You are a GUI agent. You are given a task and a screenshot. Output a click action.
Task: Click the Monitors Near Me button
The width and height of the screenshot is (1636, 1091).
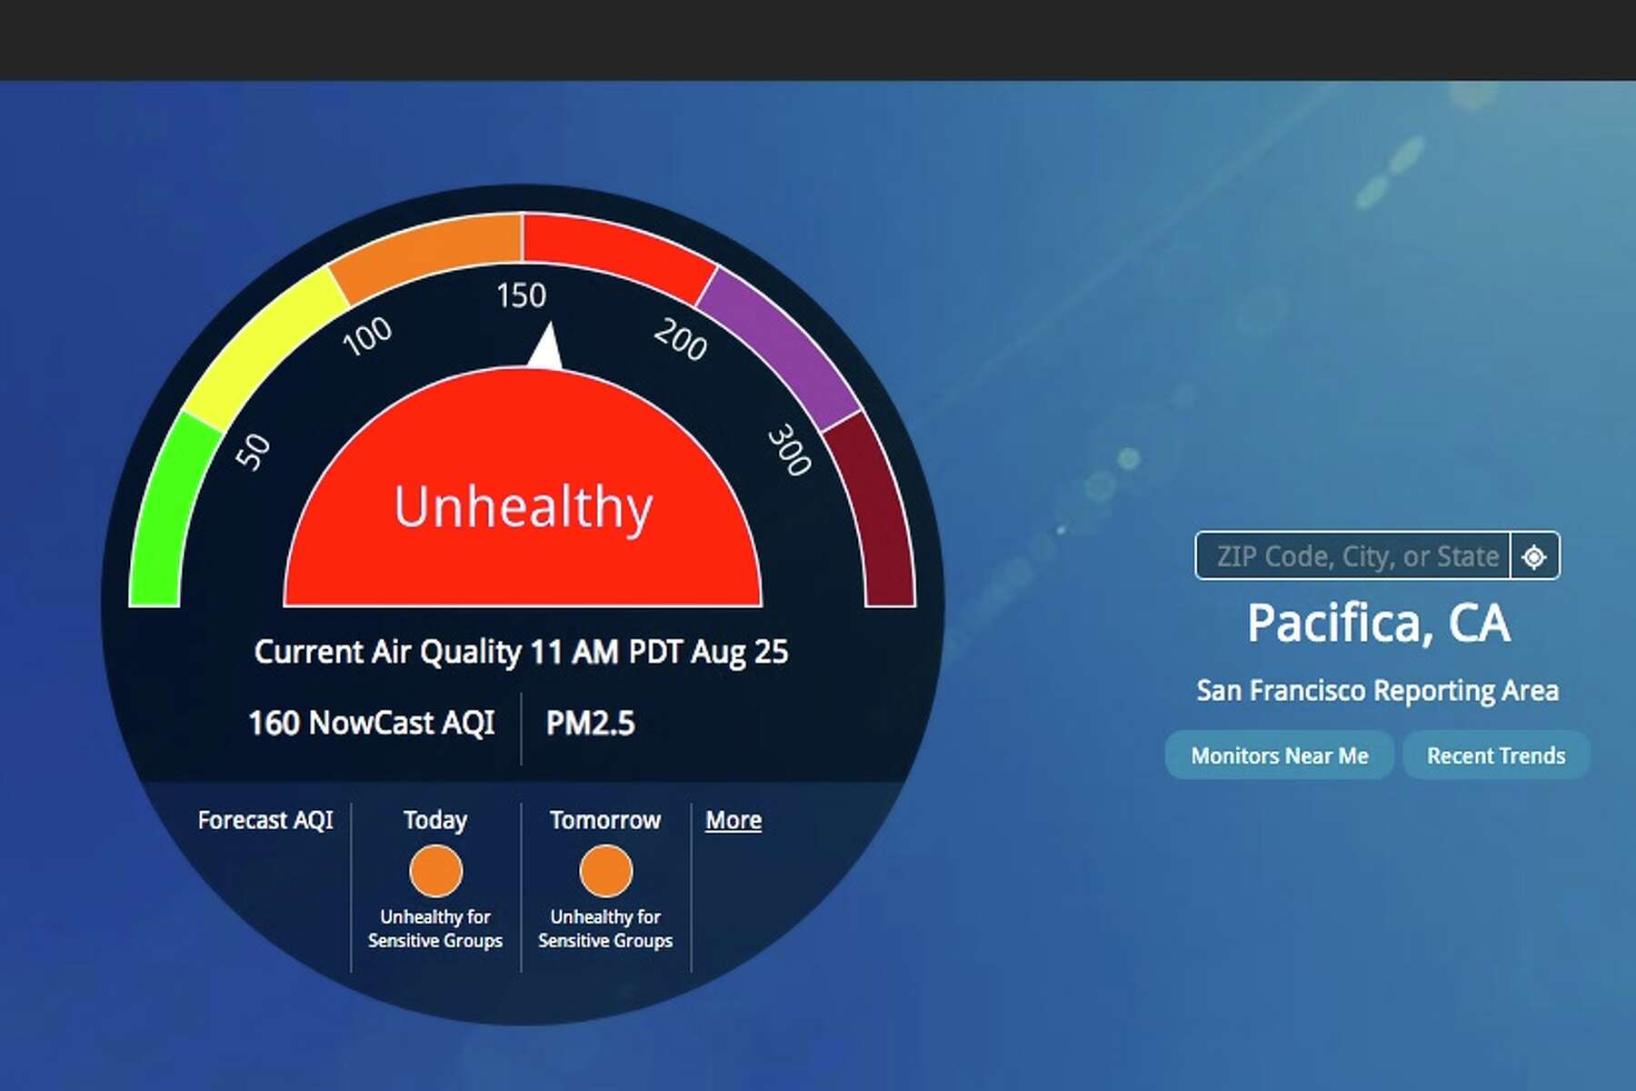tap(1279, 756)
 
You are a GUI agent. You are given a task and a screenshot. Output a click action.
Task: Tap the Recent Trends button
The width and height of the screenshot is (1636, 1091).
tap(1496, 756)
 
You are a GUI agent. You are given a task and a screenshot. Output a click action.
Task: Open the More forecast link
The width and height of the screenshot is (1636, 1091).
tap(733, 820)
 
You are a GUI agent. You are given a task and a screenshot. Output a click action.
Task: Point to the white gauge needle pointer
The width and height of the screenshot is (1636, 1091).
tap(546, 347)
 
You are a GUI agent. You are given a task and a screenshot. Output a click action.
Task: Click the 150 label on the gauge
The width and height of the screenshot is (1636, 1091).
tap(521, 295)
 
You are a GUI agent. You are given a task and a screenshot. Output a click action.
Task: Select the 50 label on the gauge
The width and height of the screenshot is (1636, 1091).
tap(253, 452)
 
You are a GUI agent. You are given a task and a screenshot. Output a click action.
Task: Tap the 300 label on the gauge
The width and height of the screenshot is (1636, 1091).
tap(789, 449)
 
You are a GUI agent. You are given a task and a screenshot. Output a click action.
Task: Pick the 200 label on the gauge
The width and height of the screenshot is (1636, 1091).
tap(680, 339)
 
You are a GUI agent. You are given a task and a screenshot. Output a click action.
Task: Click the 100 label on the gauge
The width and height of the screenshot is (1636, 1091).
tap(367, 335)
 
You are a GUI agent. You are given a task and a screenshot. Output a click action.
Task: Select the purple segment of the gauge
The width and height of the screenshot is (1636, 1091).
tap(777, 345)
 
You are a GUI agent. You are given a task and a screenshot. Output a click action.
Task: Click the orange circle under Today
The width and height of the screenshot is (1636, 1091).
tap(436, 871)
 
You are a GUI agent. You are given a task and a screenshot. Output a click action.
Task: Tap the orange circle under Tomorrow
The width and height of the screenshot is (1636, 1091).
tap(606, 871)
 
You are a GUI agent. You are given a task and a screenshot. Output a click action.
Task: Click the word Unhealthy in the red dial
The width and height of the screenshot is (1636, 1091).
tap(524, 507)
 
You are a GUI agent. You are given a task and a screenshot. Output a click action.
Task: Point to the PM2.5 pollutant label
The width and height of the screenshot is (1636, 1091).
tap(590, 724)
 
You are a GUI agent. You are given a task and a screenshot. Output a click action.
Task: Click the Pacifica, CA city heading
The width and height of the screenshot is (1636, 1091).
tap(1378, 624)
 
